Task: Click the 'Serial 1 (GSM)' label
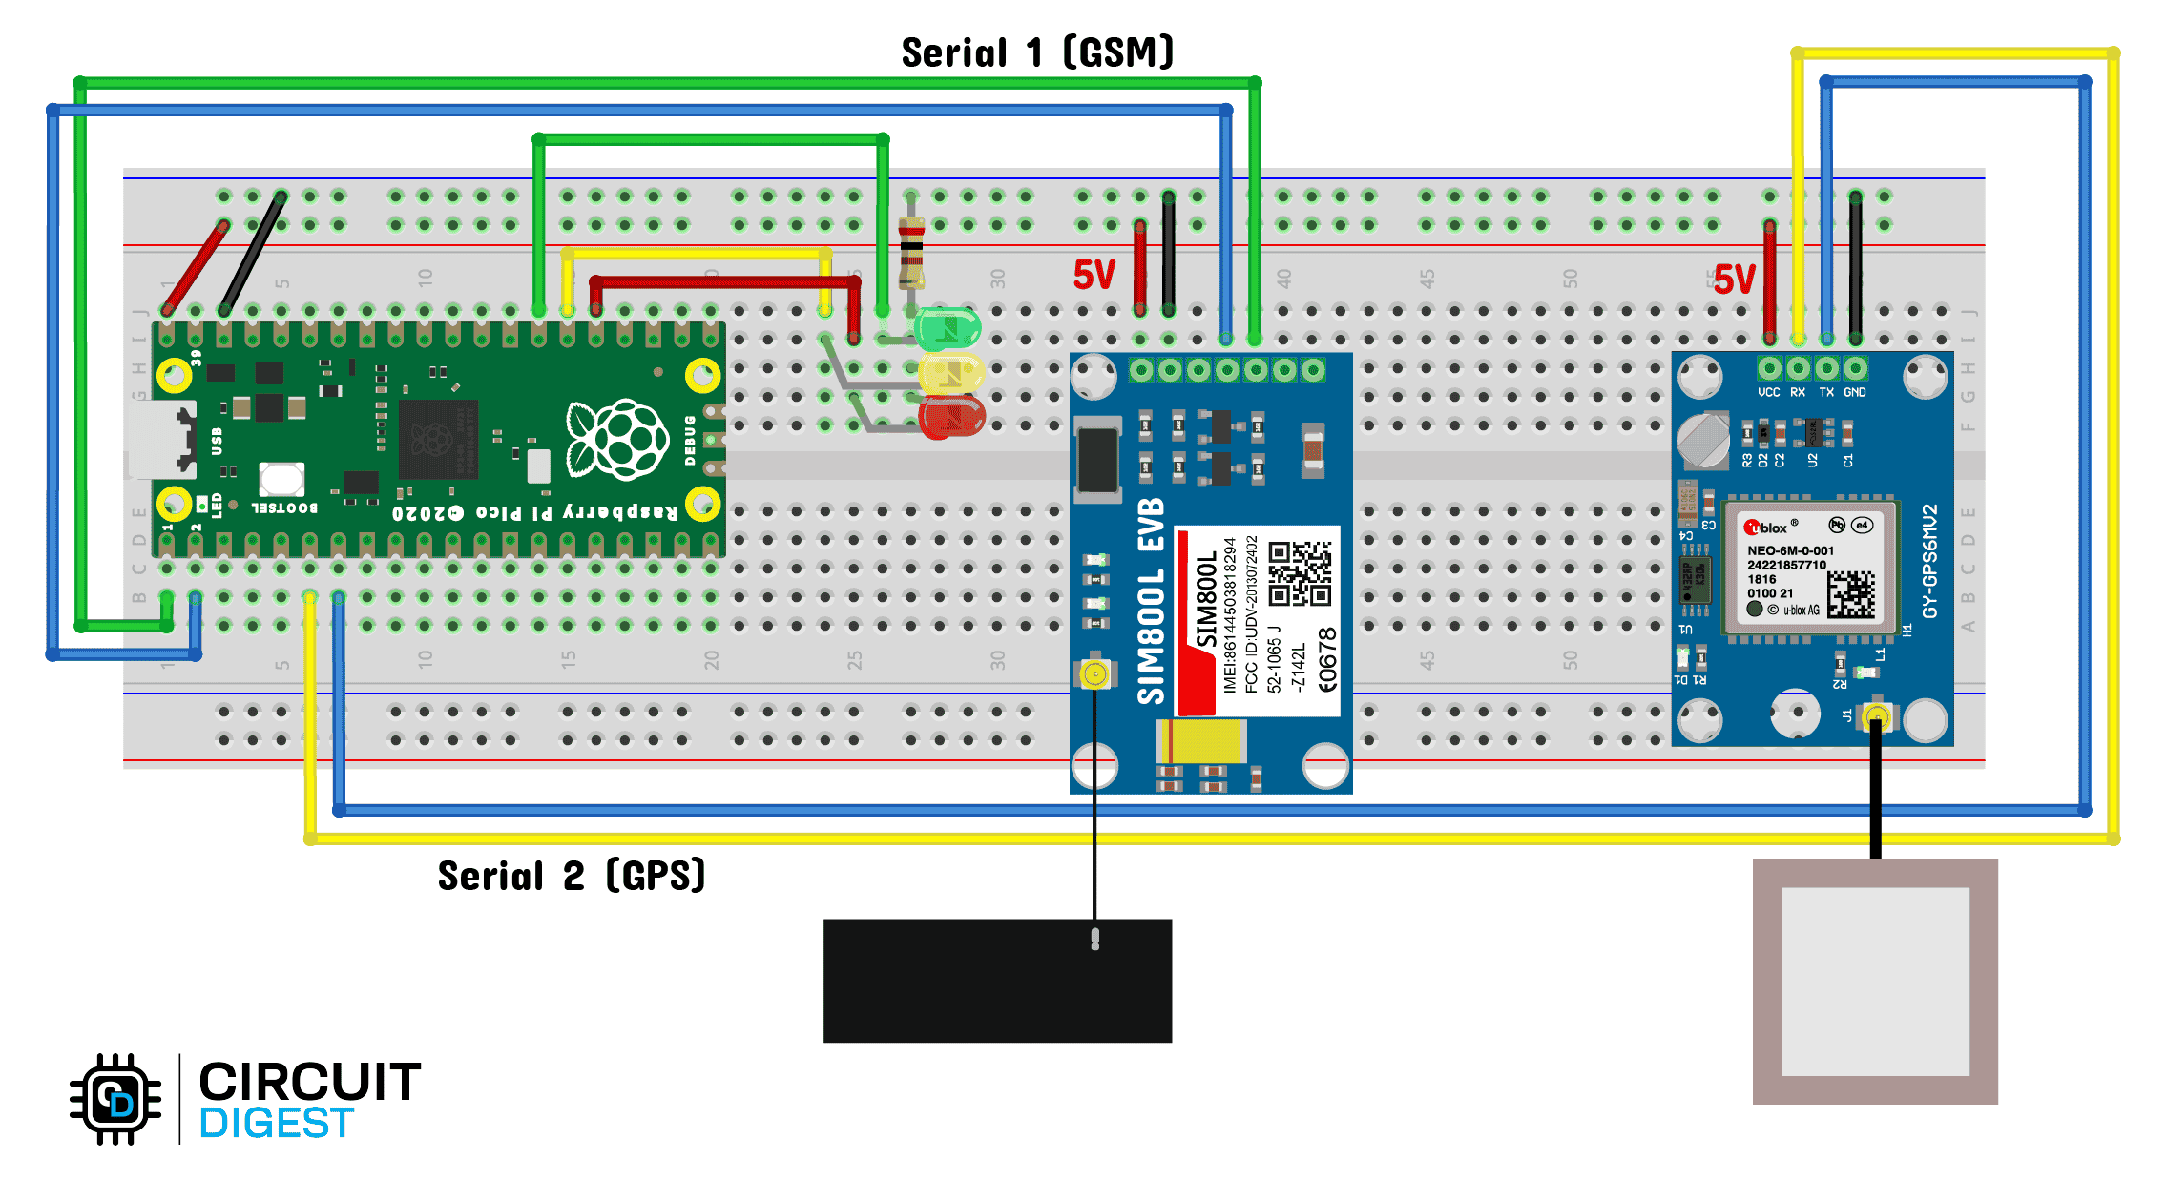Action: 1037,52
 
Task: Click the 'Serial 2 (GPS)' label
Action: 571,876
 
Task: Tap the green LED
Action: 947,329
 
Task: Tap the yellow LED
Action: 950,375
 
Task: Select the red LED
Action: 951,418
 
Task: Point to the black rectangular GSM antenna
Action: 997,981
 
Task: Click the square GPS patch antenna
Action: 1875,982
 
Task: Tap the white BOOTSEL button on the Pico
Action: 281,478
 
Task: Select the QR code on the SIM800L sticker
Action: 1300,573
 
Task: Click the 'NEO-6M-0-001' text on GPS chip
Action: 1790,550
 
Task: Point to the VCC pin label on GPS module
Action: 1768,392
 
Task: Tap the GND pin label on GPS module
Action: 1854,392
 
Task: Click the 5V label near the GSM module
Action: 1094,275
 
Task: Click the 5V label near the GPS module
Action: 1734,280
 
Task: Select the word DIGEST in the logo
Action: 277,1124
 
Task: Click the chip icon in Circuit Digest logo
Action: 115,1099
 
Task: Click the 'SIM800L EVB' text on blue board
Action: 1152,601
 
